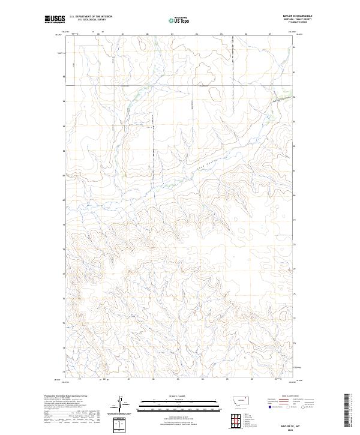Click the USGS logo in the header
click(x=55, y=20)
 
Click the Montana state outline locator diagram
click(x=238, y=400)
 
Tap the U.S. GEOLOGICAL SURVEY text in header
click(x=91, y=20)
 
